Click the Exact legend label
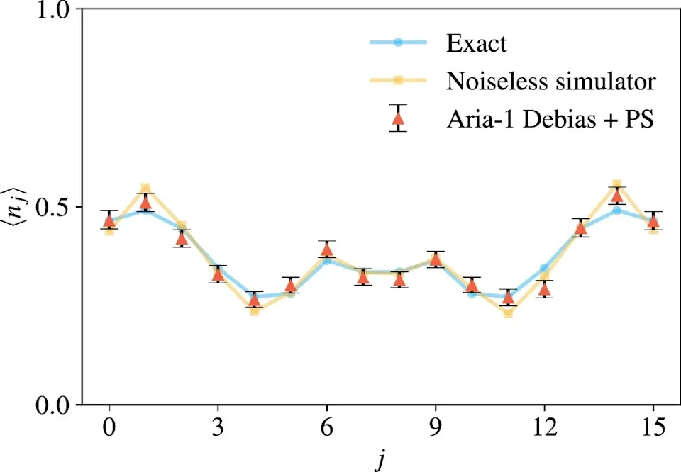point(477,43)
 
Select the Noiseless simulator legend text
point(551,80)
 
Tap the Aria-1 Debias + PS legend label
point(550,118)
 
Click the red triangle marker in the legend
point(398,118)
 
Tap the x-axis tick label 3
point(218,427)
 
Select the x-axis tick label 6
point(326,427)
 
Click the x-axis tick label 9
point(435,427)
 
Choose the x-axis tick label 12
point(544,427)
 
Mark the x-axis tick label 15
point(653,427)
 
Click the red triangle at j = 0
point(109,221)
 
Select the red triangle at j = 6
point(326,249)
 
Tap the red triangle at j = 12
point(544,288)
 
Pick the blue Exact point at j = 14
point(616,210)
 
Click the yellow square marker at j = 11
point(508,313)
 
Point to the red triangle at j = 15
point(653,222)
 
